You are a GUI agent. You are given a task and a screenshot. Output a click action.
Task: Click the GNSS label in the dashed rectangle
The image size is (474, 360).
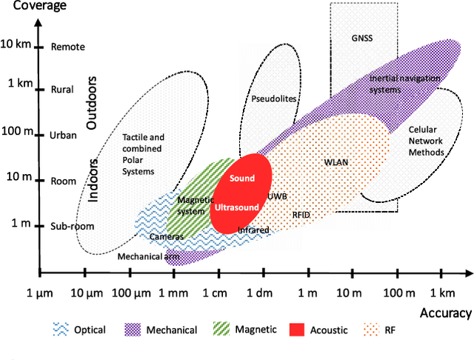tap(363, 36)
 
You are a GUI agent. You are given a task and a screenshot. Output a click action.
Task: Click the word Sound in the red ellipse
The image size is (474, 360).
tap(242, 179)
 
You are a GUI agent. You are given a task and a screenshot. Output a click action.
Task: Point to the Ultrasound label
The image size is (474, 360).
tap(236, 207)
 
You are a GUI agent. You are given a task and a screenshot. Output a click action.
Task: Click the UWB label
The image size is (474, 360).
tap(278, 196)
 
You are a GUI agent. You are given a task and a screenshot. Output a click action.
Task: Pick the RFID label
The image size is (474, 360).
tap(301, 214)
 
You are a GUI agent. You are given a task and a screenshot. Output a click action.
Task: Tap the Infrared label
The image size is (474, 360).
tap(253, 230)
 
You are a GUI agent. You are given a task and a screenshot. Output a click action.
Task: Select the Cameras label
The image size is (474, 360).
tap(167, 237)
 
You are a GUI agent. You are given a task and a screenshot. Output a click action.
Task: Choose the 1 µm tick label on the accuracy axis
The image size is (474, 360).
tap(44, 295)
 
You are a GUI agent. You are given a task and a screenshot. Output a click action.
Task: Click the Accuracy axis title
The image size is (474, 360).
tap(446, 313)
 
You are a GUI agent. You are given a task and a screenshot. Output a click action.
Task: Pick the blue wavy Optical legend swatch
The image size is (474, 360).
tap(61, 330)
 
